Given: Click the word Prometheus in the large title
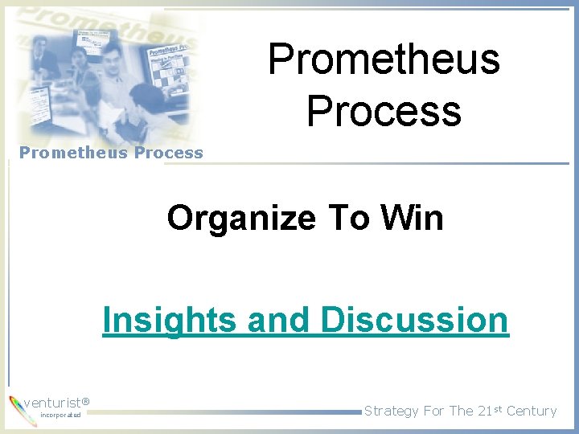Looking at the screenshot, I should (x=384, y=59).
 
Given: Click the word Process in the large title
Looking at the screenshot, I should (x=384, y=111).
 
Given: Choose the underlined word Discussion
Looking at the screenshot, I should (x=414, y=320).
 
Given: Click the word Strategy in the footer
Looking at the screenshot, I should (x=391, y=411).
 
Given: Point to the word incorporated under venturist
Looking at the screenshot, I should (x=60, y=416).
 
